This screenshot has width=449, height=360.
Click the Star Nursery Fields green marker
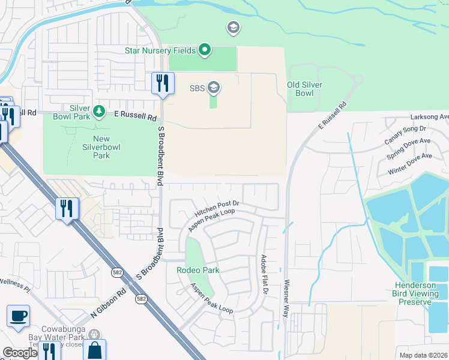pyautogui.click(x=205, y=50)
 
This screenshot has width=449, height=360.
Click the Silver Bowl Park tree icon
pyautogui.click(x=99, y=112)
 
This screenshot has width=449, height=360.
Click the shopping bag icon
pyautogui.click(x=94, y=350)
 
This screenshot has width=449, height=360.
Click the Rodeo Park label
pyautogui.click(x=197, y=270)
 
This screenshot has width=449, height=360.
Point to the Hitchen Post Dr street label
pyautogui.click(x=217, y=209)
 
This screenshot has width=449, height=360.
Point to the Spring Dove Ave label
pyautogui.click(x=409, y=148)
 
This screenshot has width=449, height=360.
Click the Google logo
pyautogui.click(x=20, y=353)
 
